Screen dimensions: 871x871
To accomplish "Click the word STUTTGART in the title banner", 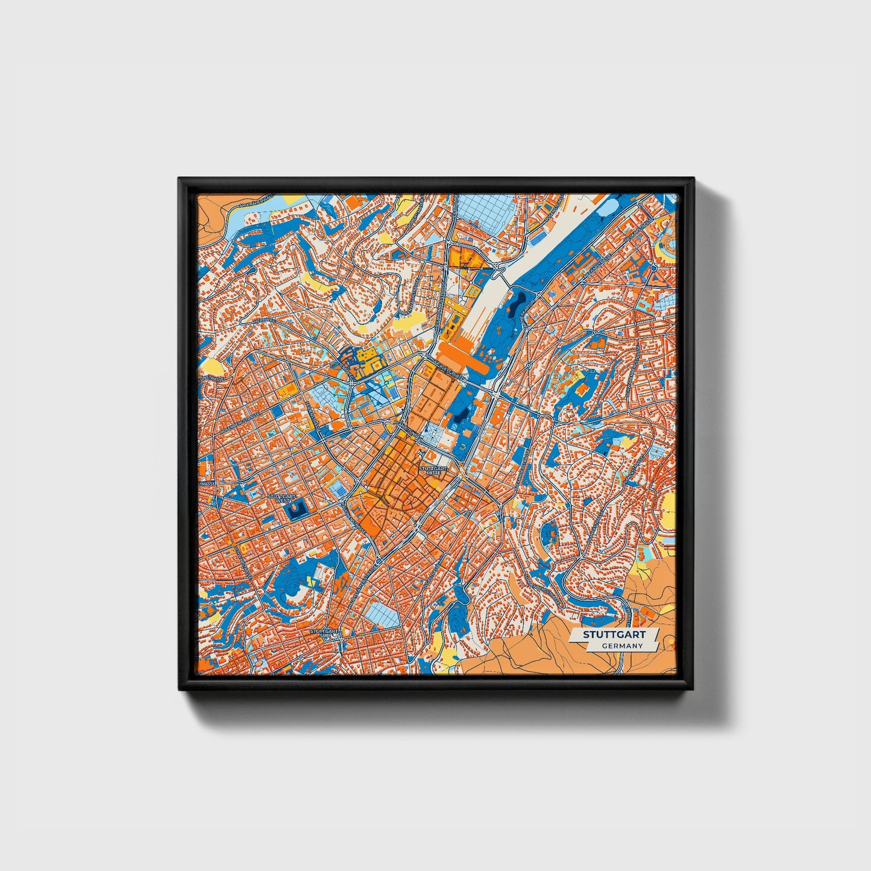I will point(614,635).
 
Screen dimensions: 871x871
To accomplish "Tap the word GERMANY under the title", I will point(621,646).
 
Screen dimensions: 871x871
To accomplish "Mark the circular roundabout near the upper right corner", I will point(654,267).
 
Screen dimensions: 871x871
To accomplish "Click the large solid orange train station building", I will point(464,355).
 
